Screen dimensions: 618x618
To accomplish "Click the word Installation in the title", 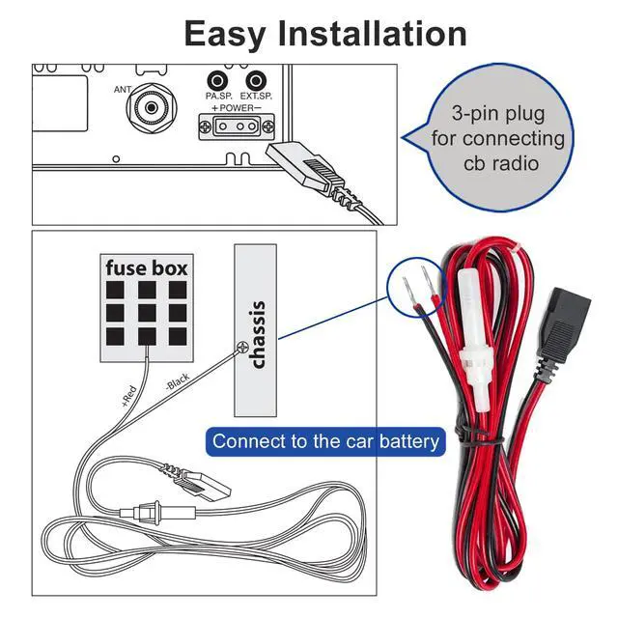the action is point(372,35).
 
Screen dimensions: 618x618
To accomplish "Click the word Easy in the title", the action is point(225,35).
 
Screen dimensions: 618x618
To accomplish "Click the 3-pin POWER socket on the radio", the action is point(236,126).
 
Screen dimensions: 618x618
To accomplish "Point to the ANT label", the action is point(123,90).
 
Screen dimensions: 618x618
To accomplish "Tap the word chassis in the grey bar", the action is point(256,334).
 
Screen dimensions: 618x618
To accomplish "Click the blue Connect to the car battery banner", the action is point(325,442).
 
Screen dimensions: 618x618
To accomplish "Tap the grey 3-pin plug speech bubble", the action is point(498,139).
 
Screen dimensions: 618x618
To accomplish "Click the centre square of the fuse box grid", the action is point(146,313).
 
